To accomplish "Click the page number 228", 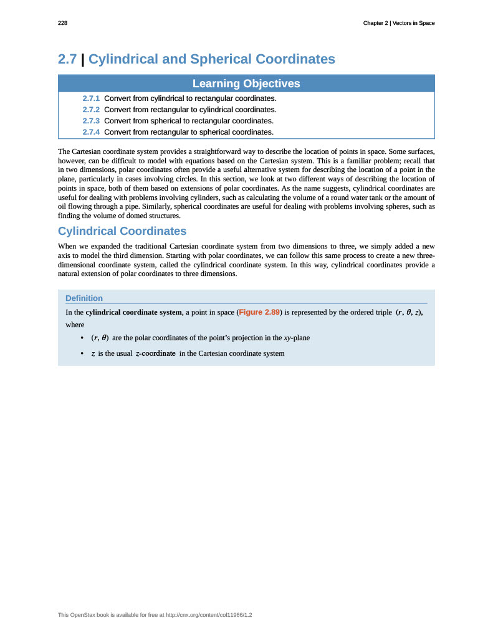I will tap(62, 23).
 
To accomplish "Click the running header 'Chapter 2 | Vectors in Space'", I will tap(399, 23).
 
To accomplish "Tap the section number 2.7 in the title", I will tap(67, 59).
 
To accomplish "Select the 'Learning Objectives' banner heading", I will tap(246, 83).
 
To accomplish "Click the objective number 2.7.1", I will tap(91, 98).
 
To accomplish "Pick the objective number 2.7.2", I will tap(91, 110).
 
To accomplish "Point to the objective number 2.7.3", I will tap(91, 121).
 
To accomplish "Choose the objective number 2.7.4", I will tap(91, 132).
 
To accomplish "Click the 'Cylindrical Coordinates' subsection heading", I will tap(122, 231).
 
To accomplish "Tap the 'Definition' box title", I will tap(84, 298).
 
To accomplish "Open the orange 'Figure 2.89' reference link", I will tap(259, 312).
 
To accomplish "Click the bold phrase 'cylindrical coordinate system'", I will tap(133, 312).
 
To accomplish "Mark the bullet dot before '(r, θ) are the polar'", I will tap(83, 338).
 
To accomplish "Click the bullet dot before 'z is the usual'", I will tap(83, 354).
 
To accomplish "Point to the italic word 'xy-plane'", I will tap(297, 338).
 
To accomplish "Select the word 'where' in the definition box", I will tap(75, 325).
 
